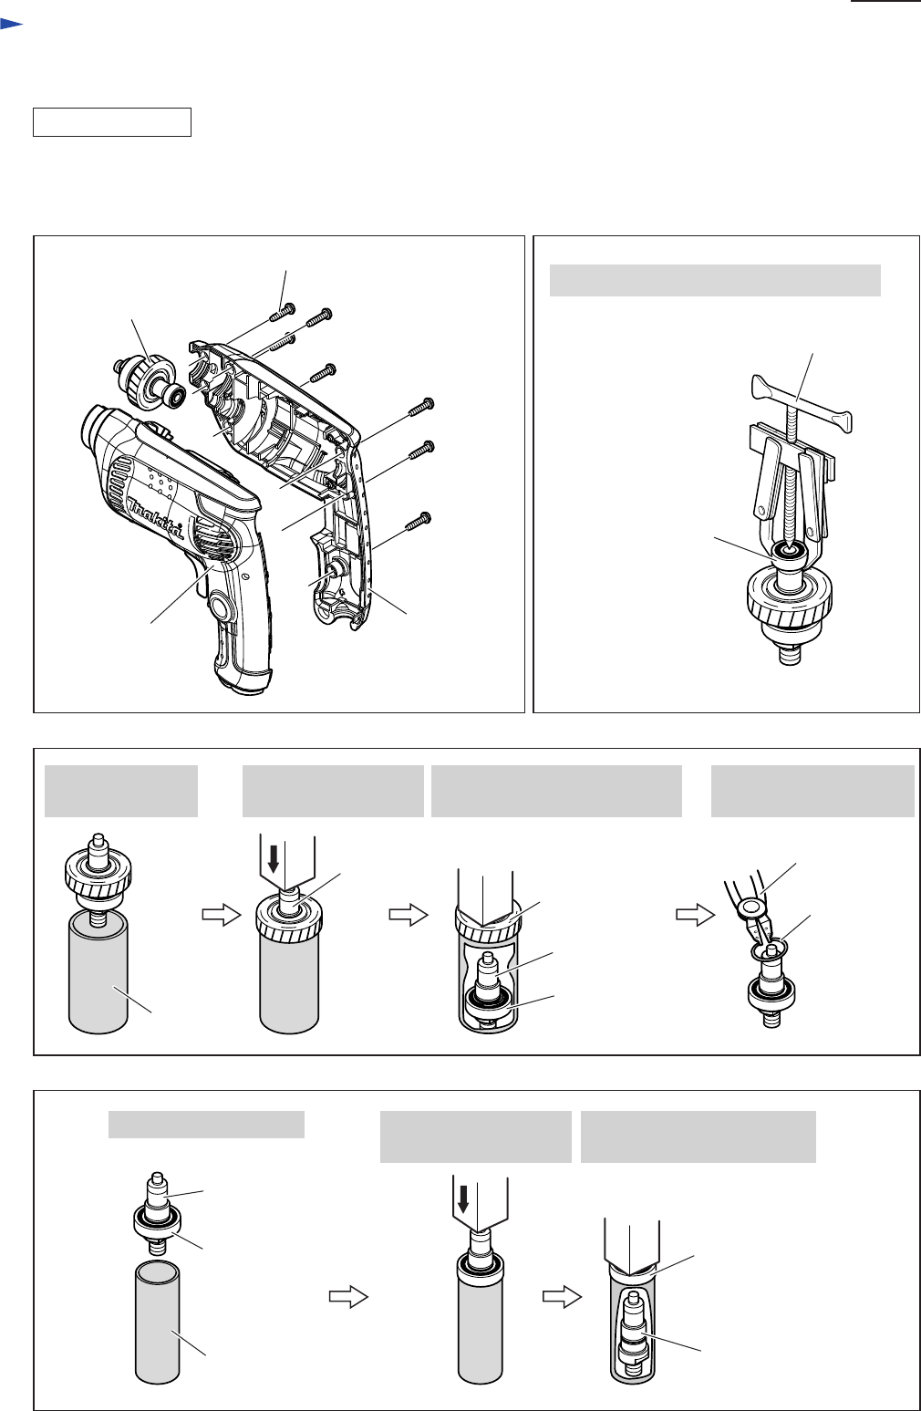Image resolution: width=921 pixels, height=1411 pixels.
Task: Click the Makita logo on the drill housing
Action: click(156, 518)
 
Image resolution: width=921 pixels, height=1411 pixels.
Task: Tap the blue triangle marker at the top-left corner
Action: click(11, 24)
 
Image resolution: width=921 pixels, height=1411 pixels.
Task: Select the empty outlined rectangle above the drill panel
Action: click(112, 122)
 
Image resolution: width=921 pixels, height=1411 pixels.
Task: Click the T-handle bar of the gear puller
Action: click(802, 403)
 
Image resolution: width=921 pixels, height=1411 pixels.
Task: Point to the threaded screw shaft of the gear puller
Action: click(788, 479)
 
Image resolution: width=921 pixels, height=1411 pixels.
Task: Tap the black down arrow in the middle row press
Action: click(274, 859)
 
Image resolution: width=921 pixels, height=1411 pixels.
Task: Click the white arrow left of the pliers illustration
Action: click(696, 915)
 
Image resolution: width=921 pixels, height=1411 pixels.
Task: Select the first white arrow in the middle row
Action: click(221, 915)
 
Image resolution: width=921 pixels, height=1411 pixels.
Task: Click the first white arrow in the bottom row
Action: click(348, 1297)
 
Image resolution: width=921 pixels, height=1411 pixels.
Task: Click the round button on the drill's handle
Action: click(220, 607)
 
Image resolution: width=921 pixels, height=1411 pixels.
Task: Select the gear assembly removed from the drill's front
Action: click(150, 381)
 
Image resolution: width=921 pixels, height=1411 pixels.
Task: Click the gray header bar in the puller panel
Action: click(715, 280)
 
